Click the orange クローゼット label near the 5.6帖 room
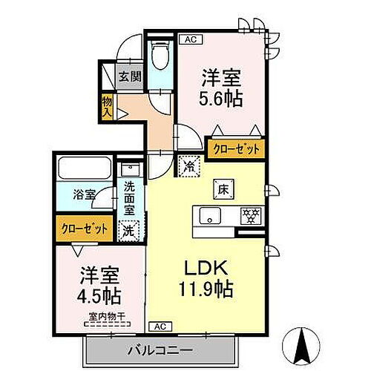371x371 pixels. [237, 149]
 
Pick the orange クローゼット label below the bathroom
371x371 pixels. [83, 228]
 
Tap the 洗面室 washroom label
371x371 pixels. [129, 199]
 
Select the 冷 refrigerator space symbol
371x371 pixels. [189, 168]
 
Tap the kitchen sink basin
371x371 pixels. [211, 217]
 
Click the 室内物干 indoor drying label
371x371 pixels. [104, 318]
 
